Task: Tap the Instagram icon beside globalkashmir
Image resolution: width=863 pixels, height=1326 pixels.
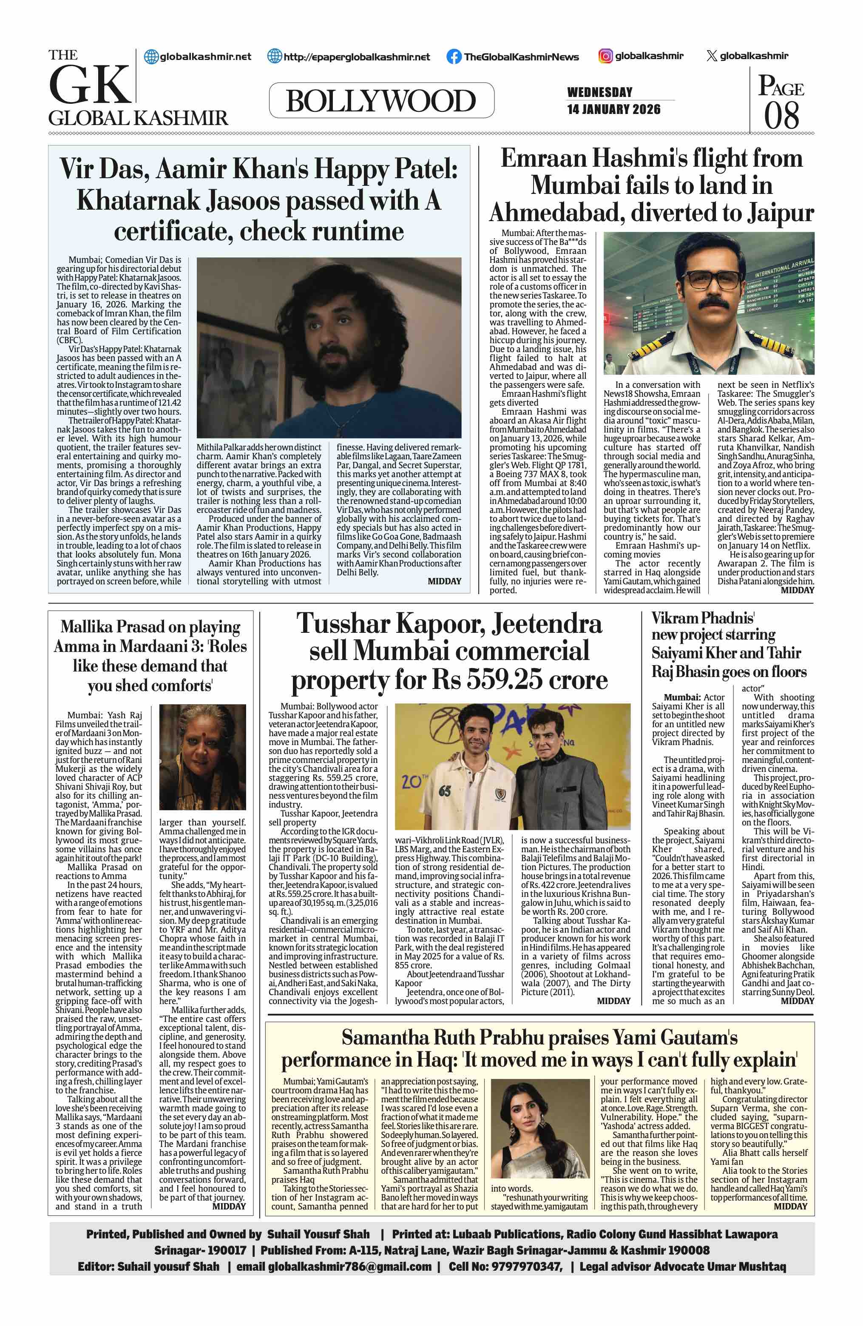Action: click(x=605, y=56)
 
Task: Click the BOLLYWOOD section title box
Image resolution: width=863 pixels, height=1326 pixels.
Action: click(x=381, y=101)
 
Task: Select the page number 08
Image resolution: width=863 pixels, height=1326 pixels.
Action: click(x=781, y=115)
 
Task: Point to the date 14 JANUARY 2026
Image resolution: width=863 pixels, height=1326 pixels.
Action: click(x=613, y=109)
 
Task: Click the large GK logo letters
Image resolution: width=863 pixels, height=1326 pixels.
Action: click(x=89, y=85)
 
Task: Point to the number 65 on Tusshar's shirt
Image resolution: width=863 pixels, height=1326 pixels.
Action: click(x=444, y=791)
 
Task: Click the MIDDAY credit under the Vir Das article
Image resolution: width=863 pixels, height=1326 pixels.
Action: click(x=444, y=581)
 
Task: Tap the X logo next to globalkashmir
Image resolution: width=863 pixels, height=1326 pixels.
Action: click(x=711, y=56)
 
